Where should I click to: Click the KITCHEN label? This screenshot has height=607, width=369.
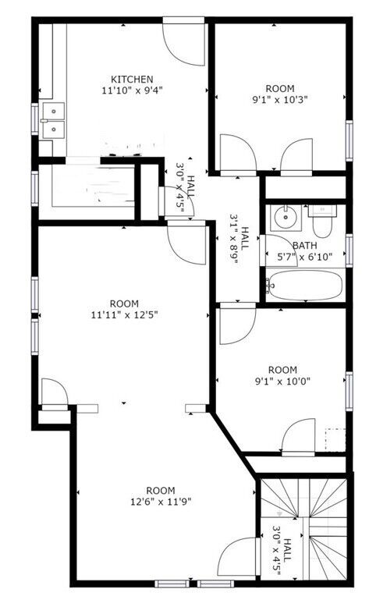pos(132,80)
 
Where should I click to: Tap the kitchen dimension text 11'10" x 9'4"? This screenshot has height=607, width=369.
pos(132,91)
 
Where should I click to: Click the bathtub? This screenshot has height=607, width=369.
pos(305,286)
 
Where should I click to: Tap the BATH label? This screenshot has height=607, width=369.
pos(305,246)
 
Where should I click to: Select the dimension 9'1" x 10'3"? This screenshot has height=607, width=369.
pos(280,100)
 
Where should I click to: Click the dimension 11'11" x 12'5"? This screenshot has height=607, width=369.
pos(124,315)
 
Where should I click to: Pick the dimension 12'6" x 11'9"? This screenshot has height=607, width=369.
pos(161,502)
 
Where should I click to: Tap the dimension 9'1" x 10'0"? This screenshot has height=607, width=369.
pos(282,382)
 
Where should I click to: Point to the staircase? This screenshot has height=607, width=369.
pos(304,528)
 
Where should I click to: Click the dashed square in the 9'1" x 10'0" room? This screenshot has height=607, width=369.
pos(335,440)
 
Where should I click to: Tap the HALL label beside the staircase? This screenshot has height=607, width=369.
pos(287,550)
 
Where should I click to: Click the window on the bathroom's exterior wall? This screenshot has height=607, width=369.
pos(349,250)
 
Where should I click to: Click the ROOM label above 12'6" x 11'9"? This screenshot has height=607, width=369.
pos(161,491)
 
